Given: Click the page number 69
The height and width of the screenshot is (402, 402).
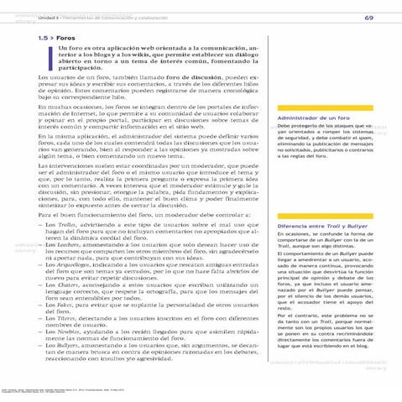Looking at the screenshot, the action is pos(368,18).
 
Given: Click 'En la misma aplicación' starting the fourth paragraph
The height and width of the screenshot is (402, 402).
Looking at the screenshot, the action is pos(74,157).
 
